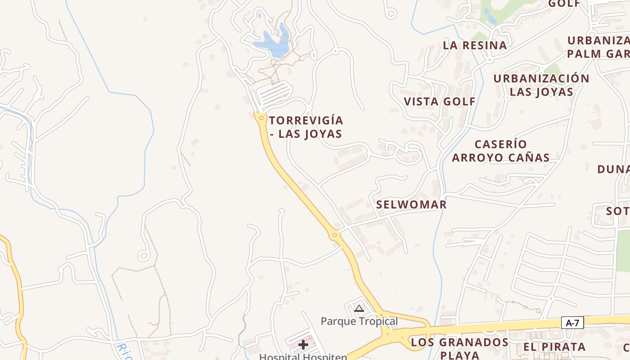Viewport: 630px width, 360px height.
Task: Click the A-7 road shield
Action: [x=572, y=323]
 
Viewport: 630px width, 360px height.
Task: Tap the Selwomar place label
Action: [x=411, y=205]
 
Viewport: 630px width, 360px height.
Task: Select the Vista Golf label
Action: [x=440, y=102]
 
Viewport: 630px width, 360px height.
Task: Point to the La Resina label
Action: [x=475, y=45]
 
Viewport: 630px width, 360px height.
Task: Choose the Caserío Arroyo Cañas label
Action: [x=501, y=151]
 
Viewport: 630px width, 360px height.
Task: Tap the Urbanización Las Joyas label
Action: [x=541, y=85]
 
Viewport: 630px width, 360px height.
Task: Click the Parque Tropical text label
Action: [x=359, y=321]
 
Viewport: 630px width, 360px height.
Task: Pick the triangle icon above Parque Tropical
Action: [x=359, y=309]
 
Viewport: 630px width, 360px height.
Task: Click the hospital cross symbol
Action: [x=303, y=345]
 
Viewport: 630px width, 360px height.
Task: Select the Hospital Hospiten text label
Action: [x=303, y=357]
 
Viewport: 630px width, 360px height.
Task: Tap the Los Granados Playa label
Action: [x=459, y=348]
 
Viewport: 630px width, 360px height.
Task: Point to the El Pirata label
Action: [x=554, y=347]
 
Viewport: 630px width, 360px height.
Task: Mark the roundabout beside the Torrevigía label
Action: [x=261, y=118]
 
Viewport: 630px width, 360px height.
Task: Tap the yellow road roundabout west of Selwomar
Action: [x=334, y=234]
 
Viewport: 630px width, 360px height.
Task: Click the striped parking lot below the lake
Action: [x=273, y=94]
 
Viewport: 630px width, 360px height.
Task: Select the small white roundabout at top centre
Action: [x=391, y=13]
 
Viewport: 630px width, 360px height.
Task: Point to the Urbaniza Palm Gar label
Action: [x=598, y=47]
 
